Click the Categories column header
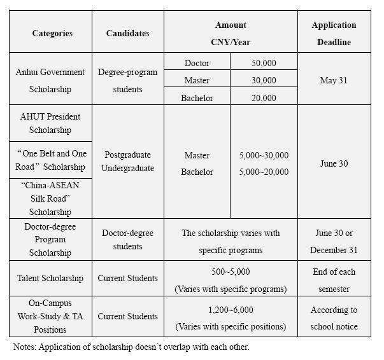pyautogui.click(x=52, y=33)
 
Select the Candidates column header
pyautogui.click(x=127, y=33)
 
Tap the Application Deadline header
pyautogui.click(x=334, y=34)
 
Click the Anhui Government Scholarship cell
pyautogui.click(x=50, y=81)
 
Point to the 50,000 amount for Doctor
pyautogui.click(x=264, y=63)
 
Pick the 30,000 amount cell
pyautogui.click(x=264, y=80)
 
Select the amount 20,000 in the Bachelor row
pyautogui.click(x=264, y=98)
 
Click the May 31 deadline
pyautogui.click(x=334, y=81)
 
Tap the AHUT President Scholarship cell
pyautogui.click(x=50, y=123)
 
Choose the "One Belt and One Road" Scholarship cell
pyautogui.click(x=50, y=160)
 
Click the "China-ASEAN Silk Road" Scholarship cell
pyautogui.click(x=50, y=198)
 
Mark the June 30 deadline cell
pyautogui.click(x=334, y=163)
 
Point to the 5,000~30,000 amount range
pyautogui.click(x=264, y=155)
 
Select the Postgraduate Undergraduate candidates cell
pyautogui.click(x=127, y=162)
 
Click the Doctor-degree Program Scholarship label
pyautogui.click(x=50, y=240)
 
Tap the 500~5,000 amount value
pyautogui.click(x=231, y=272)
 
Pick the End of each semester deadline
pyautogui.click(x=334, y=280)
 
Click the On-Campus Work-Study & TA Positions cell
pyautogui.click(x=50, y=316)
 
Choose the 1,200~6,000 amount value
pyautogui.click(x=231, y=310)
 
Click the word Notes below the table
pyautogui.click(x=25, y=347)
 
